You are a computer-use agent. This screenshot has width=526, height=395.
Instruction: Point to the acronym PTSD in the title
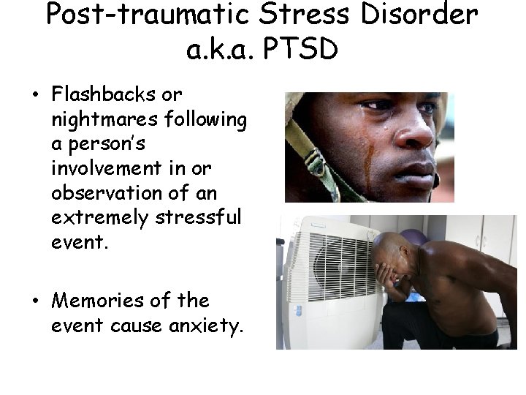(x=300, y=50)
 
